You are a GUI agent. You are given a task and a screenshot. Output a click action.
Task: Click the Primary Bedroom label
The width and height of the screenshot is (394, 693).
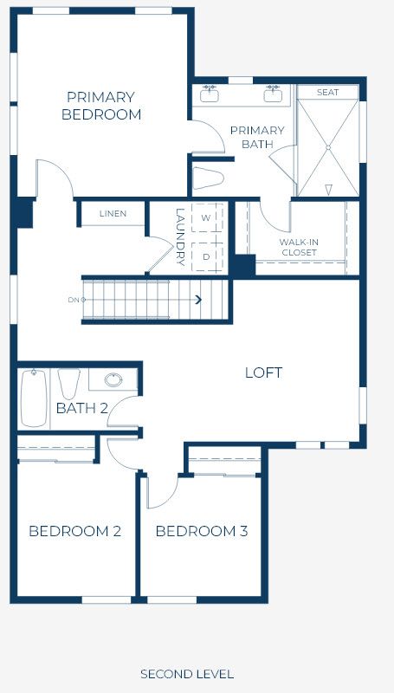point(101,106)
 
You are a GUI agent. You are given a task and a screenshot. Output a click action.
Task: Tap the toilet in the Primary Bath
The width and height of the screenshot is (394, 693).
point(209,178)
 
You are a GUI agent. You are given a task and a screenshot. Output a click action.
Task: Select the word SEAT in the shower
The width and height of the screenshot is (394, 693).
point(327,93)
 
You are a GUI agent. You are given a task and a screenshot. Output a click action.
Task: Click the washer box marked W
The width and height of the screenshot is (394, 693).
point(207,217)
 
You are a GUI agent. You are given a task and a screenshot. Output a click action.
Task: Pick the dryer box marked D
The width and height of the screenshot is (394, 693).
point(207,256)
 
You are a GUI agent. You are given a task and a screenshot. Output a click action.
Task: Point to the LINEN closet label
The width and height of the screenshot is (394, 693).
point(113,214)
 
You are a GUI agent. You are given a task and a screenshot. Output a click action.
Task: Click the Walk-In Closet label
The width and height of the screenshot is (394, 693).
point(299,248)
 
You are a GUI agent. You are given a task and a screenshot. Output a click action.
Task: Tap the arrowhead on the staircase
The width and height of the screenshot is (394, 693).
point(198,300)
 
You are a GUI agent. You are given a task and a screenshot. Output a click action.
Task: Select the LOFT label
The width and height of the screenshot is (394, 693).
point(264,372)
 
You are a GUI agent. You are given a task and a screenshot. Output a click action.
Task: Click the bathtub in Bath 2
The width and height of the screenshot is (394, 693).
point(34,398)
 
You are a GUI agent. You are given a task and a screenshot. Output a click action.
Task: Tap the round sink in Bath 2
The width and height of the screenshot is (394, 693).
point(113,379)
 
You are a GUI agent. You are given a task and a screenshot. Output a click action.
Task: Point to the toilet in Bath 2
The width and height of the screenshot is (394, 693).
point(69,383)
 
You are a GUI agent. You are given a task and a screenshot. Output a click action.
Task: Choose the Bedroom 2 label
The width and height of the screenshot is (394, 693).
point(74,531)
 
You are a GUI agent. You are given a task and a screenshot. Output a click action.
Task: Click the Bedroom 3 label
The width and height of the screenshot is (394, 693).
point(202,531)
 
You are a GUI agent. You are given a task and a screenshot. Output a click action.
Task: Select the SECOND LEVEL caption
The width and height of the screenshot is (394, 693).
point(187,674)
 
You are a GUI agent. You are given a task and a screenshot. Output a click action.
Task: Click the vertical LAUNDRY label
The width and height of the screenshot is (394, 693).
point(180,236)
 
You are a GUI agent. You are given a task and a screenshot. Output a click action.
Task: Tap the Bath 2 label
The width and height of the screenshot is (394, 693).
point(82,408)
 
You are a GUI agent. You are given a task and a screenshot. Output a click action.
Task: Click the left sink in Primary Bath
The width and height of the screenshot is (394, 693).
point(210,94)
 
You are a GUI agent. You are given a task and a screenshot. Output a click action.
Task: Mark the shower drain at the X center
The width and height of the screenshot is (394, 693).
point(328,147)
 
